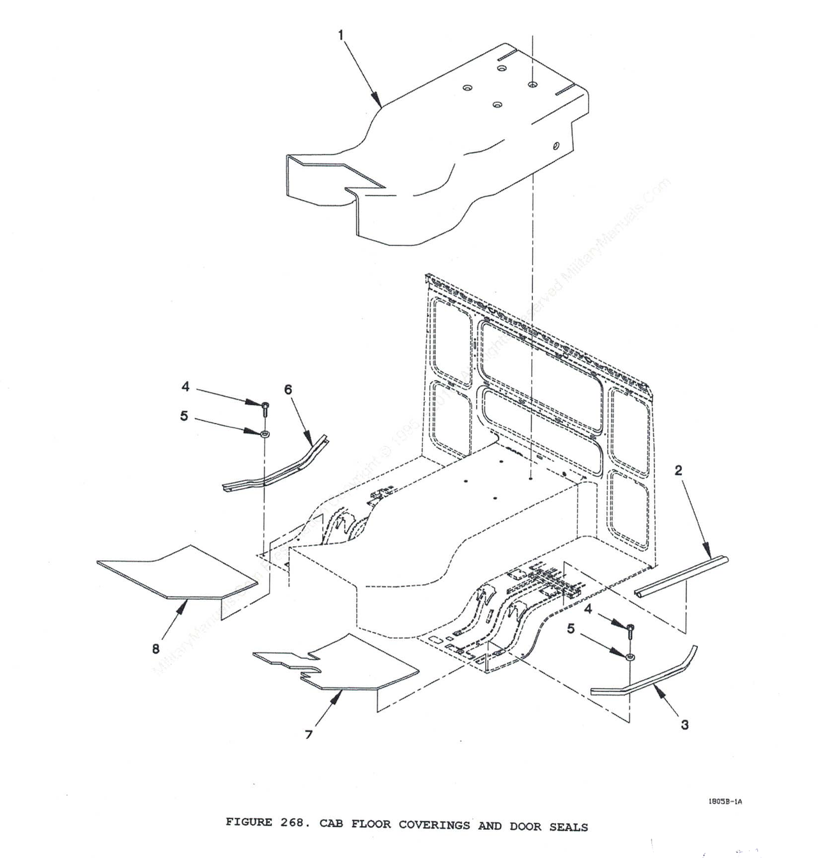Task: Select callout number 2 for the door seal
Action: click(678, 471)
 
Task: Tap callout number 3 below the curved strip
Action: click(684, 724)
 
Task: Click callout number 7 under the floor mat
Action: click(309, 735)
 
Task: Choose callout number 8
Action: click(155, 650)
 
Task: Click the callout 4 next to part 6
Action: click(185, 387)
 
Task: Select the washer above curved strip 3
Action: click(630, 656)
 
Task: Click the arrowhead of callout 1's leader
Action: click(381, 105)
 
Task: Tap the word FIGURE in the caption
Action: click(249, 822)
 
